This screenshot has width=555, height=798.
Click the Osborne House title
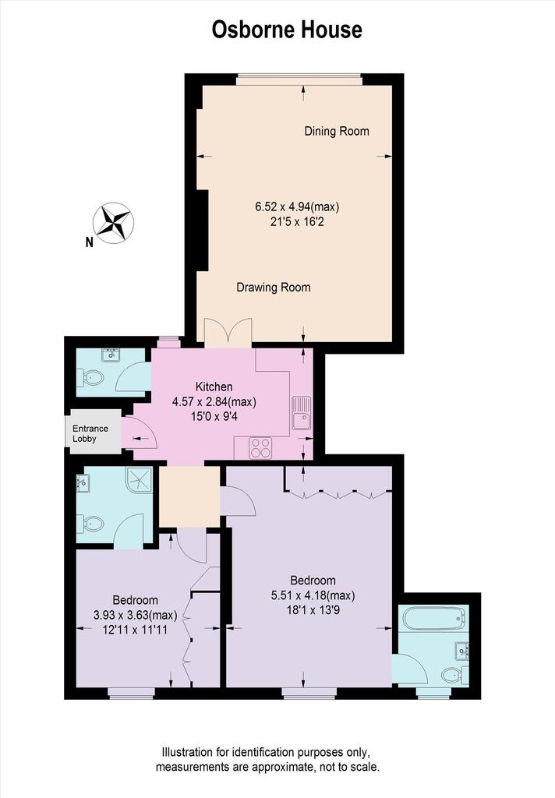[287, 30]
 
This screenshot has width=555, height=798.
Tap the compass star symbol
[113, 223]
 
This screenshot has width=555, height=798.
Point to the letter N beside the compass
[89, 243]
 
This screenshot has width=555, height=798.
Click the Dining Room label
[337, 131]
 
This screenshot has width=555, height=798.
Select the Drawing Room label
[274, 288]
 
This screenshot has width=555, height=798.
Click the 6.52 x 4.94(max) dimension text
[297, 207]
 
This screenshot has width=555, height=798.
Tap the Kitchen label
[214, 387]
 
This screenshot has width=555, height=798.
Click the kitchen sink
[302, 413]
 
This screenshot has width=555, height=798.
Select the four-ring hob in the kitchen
[260, 448]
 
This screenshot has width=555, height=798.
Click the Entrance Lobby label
[90, 433]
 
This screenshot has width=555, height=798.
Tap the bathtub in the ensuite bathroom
[435, 618]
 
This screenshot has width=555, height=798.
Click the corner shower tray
[140, 480]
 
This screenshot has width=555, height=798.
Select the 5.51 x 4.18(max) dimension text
[313, 595]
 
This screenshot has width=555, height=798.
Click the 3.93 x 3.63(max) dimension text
[135, 616]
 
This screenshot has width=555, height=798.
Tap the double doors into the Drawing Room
[228, 333]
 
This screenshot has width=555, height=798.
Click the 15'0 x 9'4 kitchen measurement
[214, 417]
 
